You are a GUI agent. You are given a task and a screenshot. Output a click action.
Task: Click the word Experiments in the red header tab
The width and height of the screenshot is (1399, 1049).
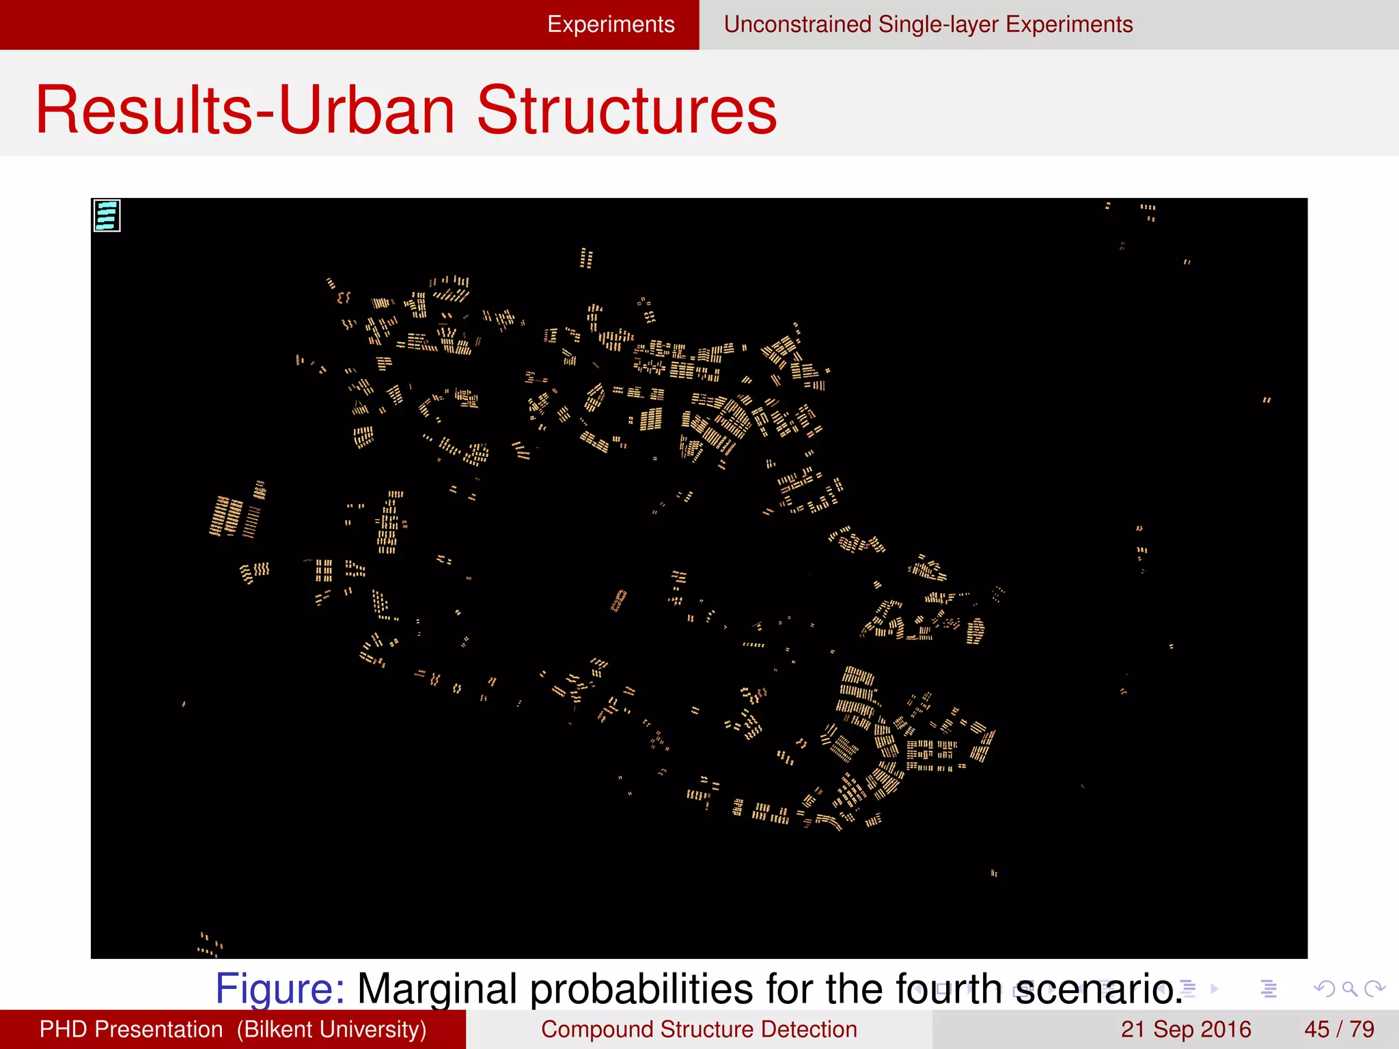coord(611,25)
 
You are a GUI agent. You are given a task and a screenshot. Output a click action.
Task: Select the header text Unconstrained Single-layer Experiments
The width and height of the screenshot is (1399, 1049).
coord(928,25)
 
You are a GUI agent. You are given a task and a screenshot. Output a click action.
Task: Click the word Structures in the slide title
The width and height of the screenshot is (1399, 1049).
coord(626,111)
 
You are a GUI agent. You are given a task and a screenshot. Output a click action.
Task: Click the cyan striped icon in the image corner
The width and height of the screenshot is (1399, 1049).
coord(107,215)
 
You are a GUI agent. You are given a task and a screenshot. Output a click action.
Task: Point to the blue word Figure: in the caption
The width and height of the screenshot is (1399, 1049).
coord(280,988)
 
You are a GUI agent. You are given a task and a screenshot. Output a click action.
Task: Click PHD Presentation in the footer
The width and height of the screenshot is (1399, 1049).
coord(131,1029)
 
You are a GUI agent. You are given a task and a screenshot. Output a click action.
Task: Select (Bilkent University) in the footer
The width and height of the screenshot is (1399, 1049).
coord(331,1029)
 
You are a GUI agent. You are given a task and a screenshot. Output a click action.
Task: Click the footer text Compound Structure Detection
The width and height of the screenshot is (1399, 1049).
coord(699,1029)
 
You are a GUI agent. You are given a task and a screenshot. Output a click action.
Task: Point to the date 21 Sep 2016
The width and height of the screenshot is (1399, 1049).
coord(1185,1029)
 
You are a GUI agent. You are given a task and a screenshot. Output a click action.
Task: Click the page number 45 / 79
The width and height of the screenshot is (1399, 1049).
coord(1339,1029)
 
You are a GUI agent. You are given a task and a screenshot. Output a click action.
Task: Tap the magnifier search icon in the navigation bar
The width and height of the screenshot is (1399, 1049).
coord(1349,988)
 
